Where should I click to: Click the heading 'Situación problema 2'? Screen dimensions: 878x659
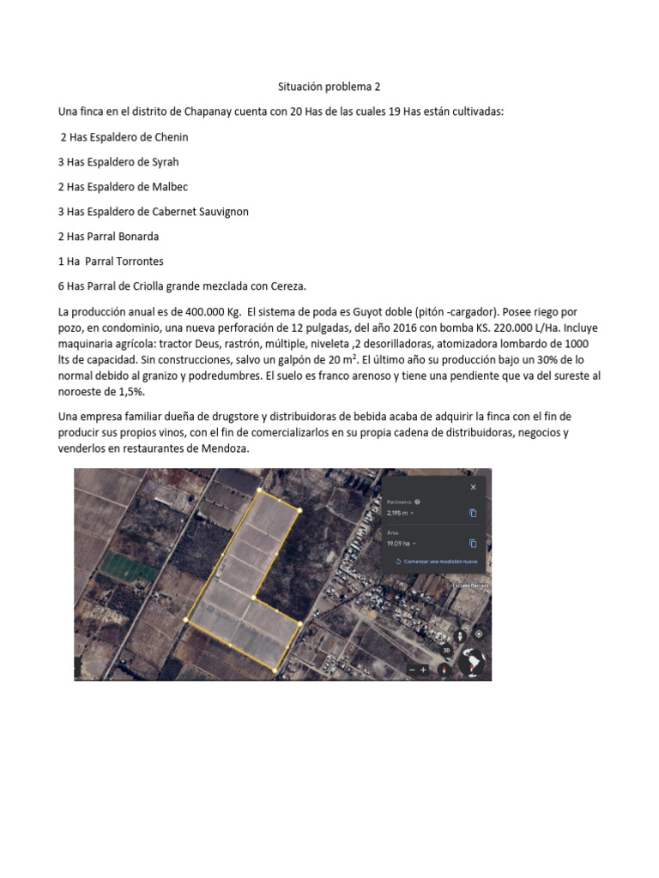point(329,87)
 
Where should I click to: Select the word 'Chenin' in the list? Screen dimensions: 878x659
point(172,136)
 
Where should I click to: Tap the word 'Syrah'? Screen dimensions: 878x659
point(164,161)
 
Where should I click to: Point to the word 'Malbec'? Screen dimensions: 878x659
point(171,186)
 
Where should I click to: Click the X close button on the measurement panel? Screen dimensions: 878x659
point(473,487)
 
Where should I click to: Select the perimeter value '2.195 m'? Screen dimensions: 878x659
point(399,513)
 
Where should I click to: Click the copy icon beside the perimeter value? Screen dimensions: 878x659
point(473,513)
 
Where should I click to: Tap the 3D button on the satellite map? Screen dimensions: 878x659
point(446,651)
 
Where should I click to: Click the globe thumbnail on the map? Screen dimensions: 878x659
point(471,662)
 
